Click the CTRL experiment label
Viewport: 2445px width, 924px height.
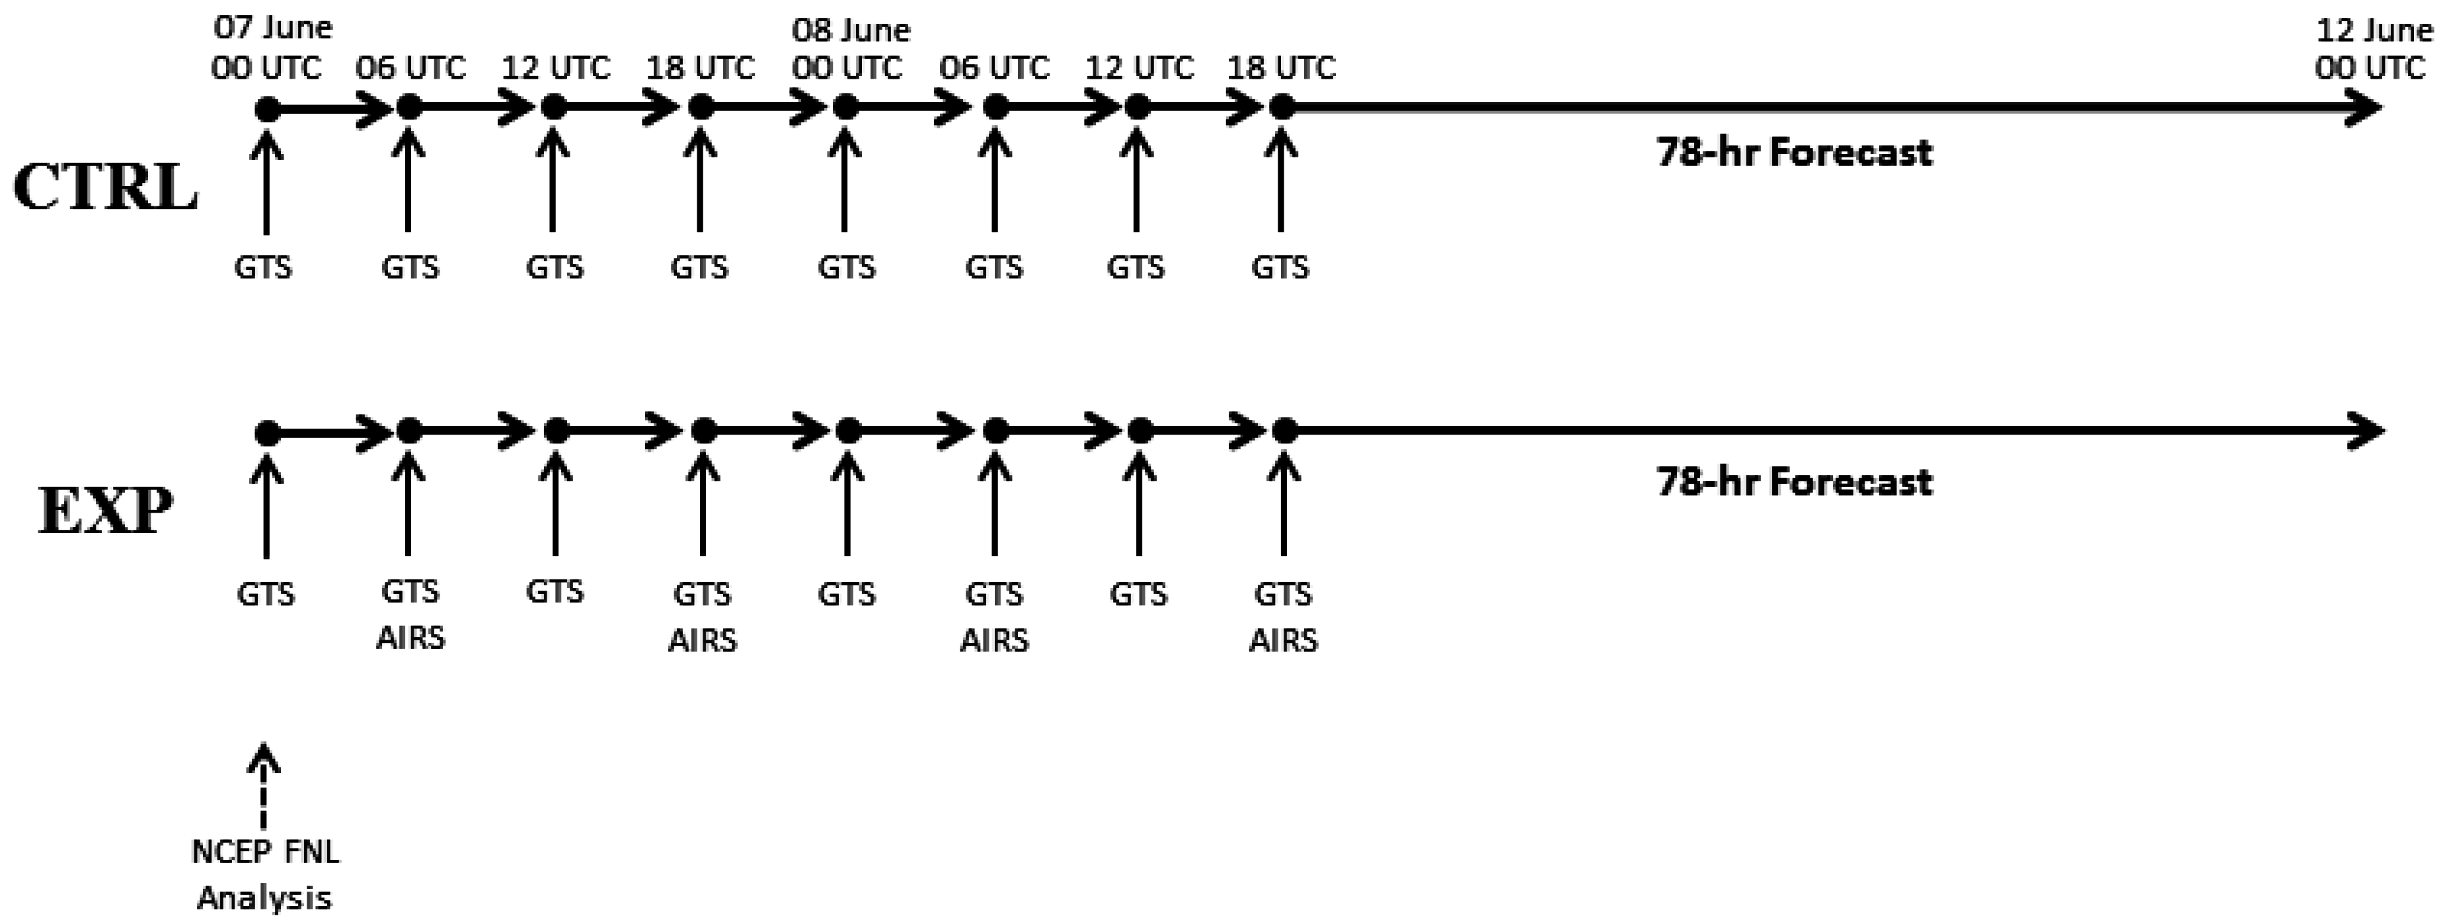tap(104, 187)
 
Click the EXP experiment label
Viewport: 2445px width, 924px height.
tap(104, 511)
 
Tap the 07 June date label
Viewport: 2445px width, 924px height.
tap(272, 28)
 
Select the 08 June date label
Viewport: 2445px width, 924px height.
tap(851, 30)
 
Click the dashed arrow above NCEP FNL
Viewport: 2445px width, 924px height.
tap(264, 786)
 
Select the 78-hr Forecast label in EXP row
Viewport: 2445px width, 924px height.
tap(1794, 482)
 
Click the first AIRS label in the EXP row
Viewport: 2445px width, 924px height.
tap(410, 637)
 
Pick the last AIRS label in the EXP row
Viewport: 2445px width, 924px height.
tap(1282, 640)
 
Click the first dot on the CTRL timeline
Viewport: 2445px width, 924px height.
tap(268, 109)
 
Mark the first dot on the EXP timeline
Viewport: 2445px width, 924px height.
tap(268, 433)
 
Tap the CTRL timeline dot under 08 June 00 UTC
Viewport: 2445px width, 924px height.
tap(845, 108)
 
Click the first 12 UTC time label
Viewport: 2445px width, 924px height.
tap(555, 68)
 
